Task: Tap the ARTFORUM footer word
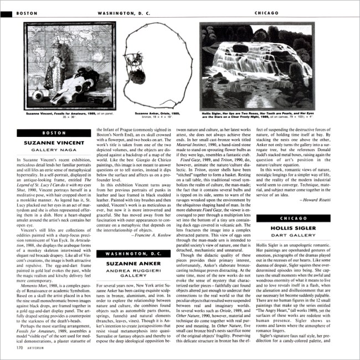[35, 348]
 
